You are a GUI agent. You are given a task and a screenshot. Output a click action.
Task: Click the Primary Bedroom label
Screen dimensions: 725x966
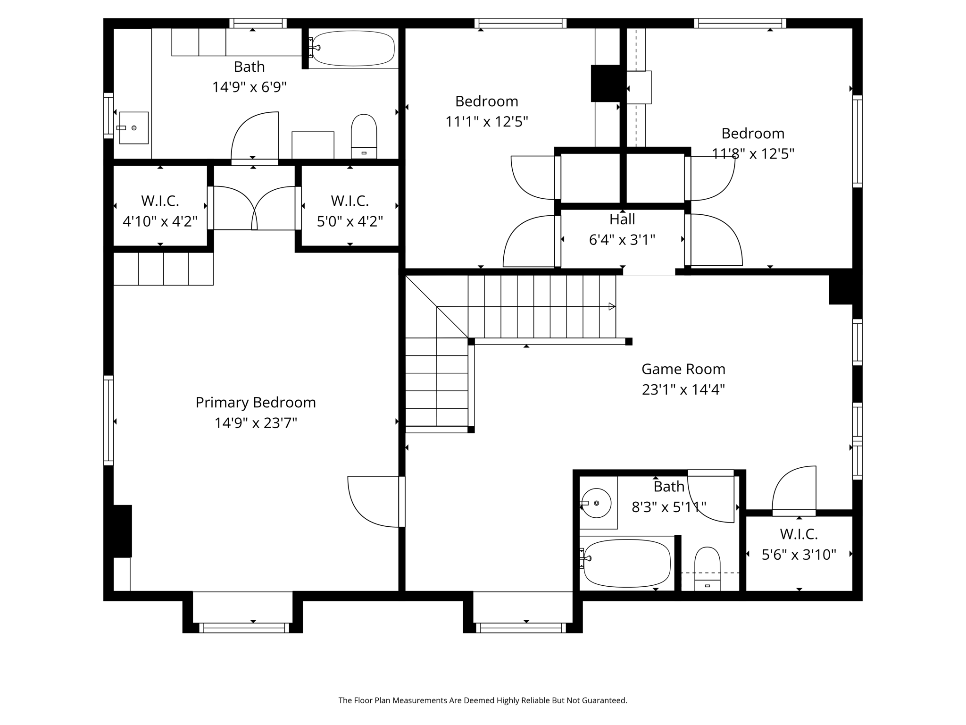pyautogui.click(x=256, y=402)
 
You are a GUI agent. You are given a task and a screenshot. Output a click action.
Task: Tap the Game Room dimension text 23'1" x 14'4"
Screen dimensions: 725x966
pyautogui.click(x=683, y=389)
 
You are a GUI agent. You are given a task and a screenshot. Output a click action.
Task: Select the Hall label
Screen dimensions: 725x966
pyautogui.click(x=622, y=219)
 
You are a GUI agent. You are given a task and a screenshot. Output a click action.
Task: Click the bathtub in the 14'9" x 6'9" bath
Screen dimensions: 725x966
pyautogui.click(x=353, y=48)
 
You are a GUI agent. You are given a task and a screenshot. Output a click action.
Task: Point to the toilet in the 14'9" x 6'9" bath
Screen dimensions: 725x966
pyautogui.click(x=364, y=135)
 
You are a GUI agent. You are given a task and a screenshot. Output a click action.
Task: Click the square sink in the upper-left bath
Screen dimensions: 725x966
pyautogui.click(x=134, y=127)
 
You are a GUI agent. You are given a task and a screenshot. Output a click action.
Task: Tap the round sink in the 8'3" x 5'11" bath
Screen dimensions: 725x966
pyautogui.click(x=596, y=503)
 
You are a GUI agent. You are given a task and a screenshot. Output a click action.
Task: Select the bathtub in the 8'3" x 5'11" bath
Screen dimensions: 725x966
pyautogui.click(x=627, y=563)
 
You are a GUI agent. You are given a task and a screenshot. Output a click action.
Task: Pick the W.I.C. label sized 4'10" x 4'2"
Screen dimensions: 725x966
pyautogui.click(x=160, y=201)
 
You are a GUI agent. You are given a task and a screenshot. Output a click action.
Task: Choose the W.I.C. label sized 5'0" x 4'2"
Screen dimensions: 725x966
pyautogui.click(x=350, y=201)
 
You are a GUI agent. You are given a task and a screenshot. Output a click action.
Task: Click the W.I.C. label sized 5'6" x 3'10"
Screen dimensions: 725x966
pyautogui.click(x=799, y=534)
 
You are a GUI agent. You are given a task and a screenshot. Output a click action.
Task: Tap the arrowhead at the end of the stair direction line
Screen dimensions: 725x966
pyautogui.click(x=612, y=307)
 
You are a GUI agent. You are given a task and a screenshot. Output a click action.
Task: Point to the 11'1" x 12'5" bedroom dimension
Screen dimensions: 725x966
pyautogui.click(x=487, y=122)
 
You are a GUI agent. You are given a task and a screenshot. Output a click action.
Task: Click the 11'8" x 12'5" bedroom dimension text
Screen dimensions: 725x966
pyautogui.click(x=753, y=154)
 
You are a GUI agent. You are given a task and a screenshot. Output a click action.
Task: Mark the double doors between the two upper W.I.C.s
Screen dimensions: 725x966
pyautogui.click(x=254, y=208)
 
